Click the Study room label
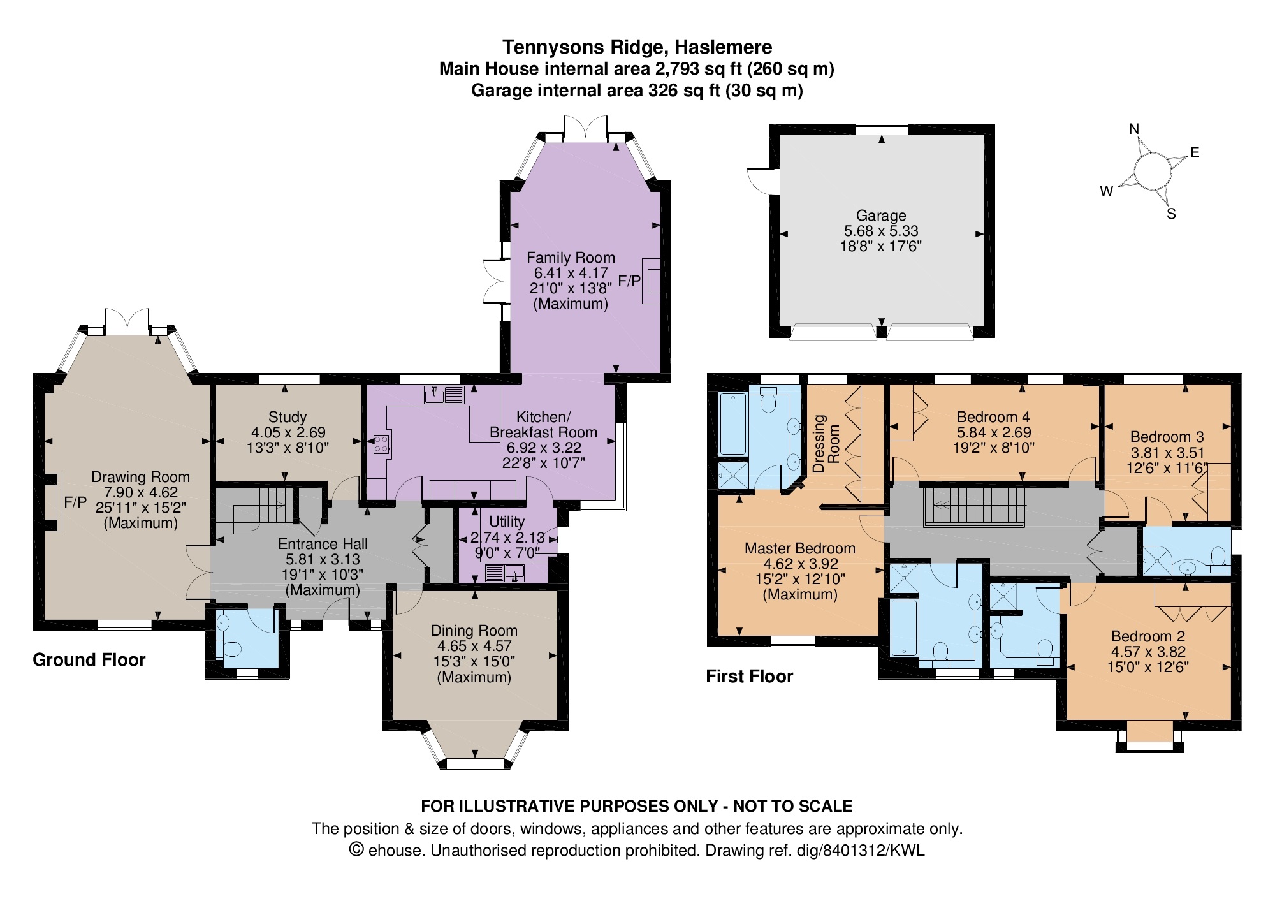(288, 417)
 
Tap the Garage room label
(881, 216)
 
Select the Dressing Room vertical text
(826, 443)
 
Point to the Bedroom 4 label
(993, 417)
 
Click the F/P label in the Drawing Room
(75, 502)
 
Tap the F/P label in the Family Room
(629, 281)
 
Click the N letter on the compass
(1134, 129)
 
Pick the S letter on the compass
(1171, 214)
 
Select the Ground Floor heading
(89, 659)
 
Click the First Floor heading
(750, 676)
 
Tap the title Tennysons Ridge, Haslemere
(637, 47)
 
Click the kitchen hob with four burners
(381, 443)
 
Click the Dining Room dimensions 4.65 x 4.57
(474, 646)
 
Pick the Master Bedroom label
(800, 548)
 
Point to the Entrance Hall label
(323, 544)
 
